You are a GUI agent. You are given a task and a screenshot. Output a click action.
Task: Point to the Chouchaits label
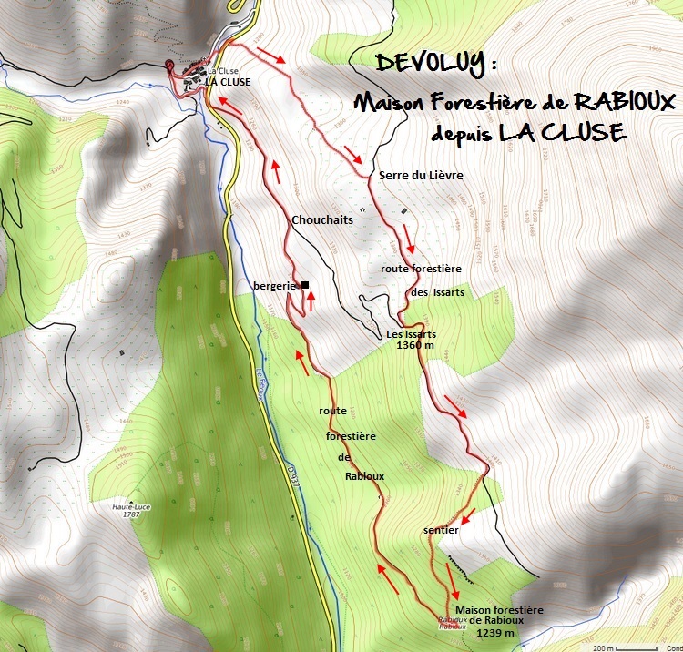click(321, 219)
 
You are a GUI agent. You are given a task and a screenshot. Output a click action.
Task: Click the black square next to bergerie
click(305, 285)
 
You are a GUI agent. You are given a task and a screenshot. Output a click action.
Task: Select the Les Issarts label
click(412, 334)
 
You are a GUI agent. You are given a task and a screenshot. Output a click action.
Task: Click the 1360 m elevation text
click(415, 346)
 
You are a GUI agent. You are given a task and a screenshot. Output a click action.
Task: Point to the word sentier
click(441, 529)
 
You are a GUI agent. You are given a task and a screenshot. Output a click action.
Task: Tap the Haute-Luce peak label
click(131, 506)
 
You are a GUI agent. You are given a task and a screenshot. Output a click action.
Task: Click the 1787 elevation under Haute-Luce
click(131, 515)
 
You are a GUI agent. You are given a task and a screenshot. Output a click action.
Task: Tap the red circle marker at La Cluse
click(170, 64)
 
